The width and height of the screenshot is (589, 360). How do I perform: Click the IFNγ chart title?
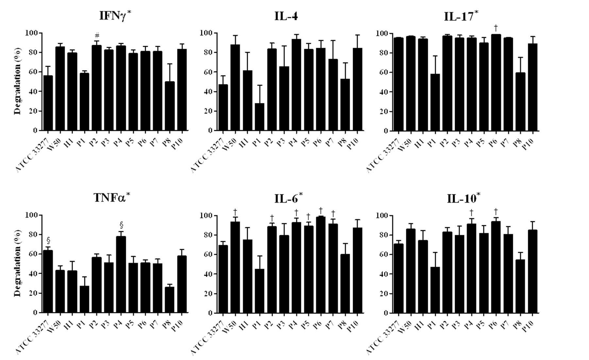(x=115, y=16)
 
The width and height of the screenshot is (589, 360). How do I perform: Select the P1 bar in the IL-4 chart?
(x=260, y=117)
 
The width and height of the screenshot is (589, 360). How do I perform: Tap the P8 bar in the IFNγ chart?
(x=170, y=106)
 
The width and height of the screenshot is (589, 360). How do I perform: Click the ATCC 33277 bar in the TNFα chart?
(x=48, y=281)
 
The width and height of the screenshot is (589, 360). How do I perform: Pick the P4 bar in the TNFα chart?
(x=121, y=274)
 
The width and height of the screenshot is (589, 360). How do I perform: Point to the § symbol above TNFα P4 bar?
(x=122, y=225)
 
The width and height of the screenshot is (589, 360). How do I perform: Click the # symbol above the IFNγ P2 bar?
(x=97, y=35)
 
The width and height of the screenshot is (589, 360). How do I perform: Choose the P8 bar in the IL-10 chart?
(x=520, y=286)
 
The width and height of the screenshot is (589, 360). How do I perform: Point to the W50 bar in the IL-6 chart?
(x=235, y=267)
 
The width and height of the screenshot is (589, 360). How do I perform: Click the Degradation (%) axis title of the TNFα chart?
(x=18, y=264)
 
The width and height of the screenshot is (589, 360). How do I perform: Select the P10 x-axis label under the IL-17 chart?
(x=528, y=144)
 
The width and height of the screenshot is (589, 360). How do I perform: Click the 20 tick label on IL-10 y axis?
(x=383, y=293)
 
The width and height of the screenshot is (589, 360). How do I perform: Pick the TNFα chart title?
(x=112, y=197)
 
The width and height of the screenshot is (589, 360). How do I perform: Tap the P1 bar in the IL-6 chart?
(x=260, y=291)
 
